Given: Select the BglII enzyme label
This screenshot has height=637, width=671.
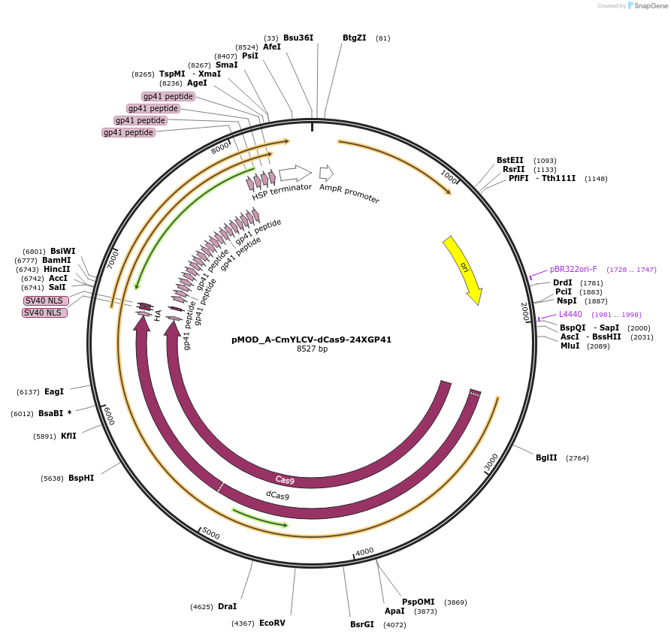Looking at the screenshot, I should tap(546, 457).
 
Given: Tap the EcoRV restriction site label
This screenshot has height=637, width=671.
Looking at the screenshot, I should tap(272, 623).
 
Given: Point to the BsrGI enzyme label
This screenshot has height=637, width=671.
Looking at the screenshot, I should tap(361, 624).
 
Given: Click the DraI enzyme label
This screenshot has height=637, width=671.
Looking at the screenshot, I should tap(227, 606).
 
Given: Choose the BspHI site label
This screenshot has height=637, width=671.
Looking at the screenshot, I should tap(81, 478).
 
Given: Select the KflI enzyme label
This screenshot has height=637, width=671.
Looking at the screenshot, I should tap(68, 436).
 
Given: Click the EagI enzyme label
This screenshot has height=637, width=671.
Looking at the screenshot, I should tap(54, 391).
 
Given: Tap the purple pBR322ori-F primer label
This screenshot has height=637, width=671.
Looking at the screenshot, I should tap(573, 269).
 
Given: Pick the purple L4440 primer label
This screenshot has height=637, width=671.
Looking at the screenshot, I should tap(570, 314).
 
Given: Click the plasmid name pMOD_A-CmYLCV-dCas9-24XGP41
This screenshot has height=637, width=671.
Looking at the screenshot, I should tap(311, 340).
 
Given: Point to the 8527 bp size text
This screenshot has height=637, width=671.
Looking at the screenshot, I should tap(312, 349).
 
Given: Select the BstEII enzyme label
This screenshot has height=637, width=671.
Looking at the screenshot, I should tap(510, 160).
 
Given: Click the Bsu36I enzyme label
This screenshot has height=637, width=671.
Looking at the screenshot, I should tap(298, 38).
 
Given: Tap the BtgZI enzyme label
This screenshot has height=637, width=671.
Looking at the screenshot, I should tap(355, 38).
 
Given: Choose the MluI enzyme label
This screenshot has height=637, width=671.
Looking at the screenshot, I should tap(570, 346).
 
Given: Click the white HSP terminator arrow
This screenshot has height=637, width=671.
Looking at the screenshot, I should tap(295, 174).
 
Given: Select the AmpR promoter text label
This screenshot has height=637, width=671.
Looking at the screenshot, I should tap(349, 194).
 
